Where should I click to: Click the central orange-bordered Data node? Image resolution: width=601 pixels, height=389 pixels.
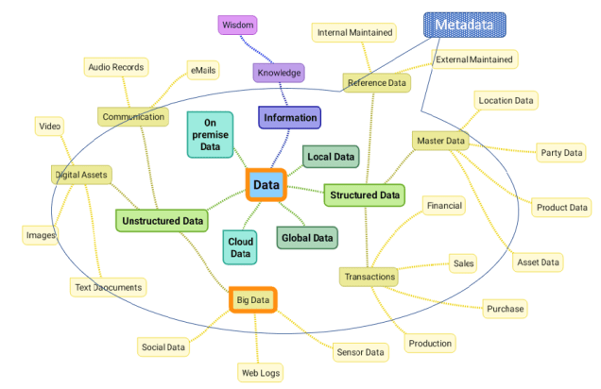click(x=266, y=185)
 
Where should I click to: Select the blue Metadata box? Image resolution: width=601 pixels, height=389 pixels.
click(x=464, y=25)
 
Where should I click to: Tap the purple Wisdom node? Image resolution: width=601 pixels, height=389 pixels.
click(x=237, y=25)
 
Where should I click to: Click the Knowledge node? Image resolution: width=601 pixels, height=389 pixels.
click(x=279, y=72)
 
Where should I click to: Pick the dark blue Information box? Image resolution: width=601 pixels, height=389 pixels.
click(x=289, y=117)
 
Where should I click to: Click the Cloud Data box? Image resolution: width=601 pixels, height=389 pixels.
click(x=241, y=247)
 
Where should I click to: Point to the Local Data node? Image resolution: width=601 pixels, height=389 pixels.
click(x=331, y=157)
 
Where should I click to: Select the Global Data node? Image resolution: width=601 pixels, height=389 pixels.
click(x=307, y=237)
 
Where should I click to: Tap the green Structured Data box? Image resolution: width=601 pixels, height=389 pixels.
click(x=364, y=195)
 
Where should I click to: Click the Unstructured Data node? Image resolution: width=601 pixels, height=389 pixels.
click(x=162, y=221)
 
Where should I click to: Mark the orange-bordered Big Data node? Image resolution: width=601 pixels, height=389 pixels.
click(x=252, y=300)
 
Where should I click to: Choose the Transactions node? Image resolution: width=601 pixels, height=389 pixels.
click(x=369, y=277)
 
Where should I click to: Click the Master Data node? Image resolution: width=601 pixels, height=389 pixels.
click(x=441, y=142)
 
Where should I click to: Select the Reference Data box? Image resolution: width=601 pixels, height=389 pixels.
click(x=376, y=83)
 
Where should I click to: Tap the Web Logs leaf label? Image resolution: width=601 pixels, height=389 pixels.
click(x=260, y=373)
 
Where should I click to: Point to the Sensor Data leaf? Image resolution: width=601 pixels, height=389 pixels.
click(x=360, y=352)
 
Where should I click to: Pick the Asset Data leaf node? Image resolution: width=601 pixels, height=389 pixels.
click(x=538, y=262)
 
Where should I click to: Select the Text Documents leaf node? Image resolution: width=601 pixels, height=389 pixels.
click(x=108, y=287)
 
